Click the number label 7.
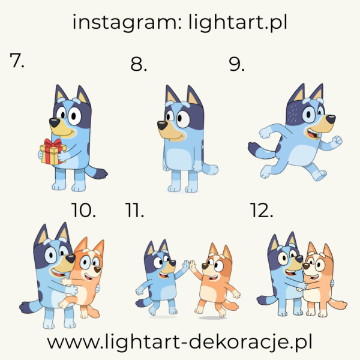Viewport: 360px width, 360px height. coord(17,61)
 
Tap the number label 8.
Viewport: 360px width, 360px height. coord(139,65)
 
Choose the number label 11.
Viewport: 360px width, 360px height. coord(135,211)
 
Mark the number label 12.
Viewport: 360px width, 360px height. coord(261,211)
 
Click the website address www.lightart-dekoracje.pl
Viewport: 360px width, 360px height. coord(179,343)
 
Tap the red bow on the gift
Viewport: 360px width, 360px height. coord(52,144)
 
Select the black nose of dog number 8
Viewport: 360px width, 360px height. coord(162,124)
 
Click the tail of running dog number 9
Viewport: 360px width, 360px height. coord(257,148)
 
